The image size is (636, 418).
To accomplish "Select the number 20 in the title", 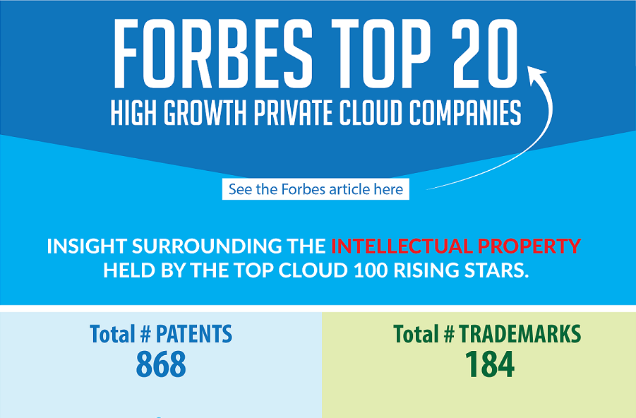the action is point(485,54).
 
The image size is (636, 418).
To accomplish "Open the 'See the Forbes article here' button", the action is point(316,189).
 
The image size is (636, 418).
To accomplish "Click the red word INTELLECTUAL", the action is point(402,246).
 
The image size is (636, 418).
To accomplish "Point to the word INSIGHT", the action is point(86,246).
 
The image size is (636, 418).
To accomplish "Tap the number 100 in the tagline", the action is point(371,270).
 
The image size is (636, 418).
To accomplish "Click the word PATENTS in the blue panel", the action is point(194,334).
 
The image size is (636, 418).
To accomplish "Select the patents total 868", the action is point(161,364).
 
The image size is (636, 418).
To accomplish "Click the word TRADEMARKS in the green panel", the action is point(520,334).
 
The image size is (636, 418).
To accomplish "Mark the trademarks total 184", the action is point(490,364).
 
